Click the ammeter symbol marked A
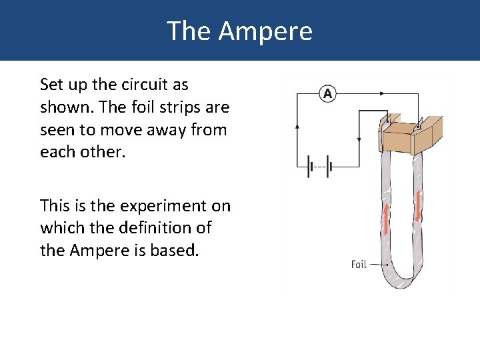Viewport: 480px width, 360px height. pyautogui.click(x=327, y=94)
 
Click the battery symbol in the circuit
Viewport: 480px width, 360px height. pyautogui.click(x=319, y=167)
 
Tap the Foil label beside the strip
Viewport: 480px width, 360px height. pyautogui.click(x=359, y=265)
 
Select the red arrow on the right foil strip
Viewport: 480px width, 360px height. pyautogui.click(x=418, y=206)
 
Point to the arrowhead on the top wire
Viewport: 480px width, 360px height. pyautogui.click(x=385, y=94)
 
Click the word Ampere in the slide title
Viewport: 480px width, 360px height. pyautogui.click(x=265, y=31)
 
